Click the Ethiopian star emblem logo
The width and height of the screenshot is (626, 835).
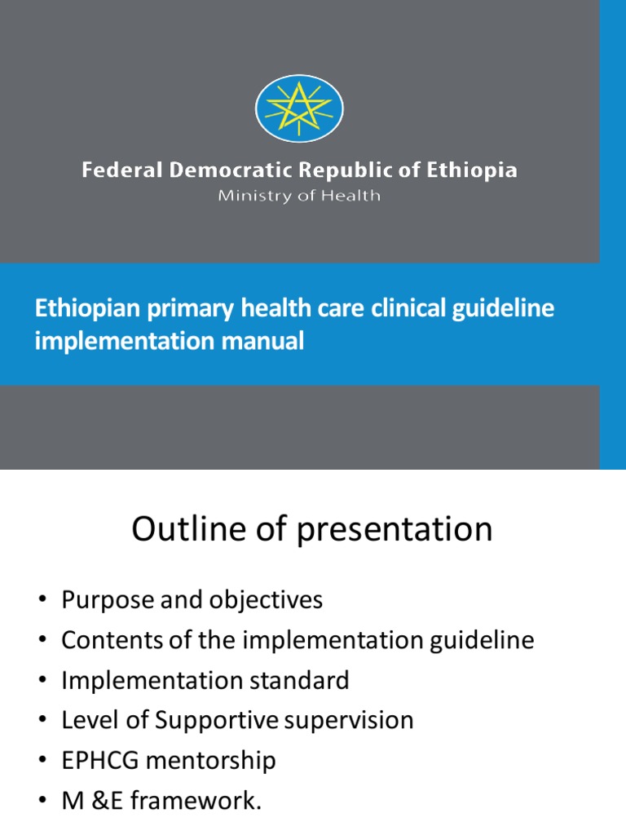coord(299,108)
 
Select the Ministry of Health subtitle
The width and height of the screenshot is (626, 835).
coord(298,197)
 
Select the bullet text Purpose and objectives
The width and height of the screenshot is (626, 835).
coord(192,600)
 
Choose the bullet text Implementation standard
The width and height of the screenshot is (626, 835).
coord(205,680)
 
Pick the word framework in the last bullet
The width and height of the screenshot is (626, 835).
coord(209,800)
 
